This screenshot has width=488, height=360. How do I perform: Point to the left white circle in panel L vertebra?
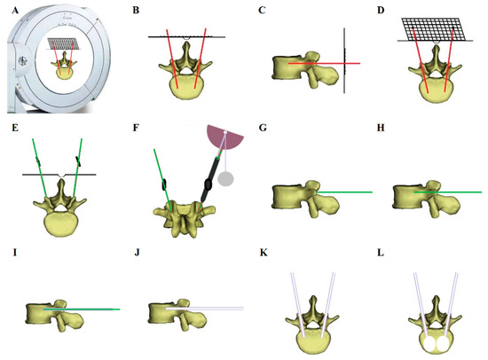(423, 338)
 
